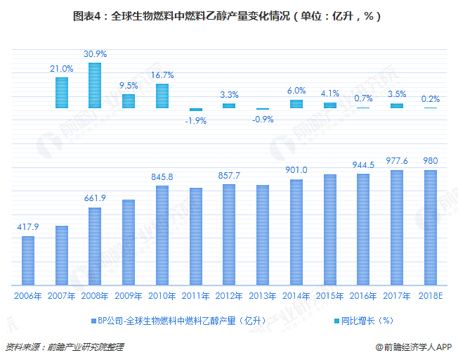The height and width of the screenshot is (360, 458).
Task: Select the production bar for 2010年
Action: pos(162,235)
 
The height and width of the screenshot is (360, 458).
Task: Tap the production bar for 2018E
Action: pos(431,227)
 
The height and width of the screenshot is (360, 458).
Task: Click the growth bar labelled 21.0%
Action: pos(62,92)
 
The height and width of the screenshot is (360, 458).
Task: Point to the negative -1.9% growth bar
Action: pos(195,110)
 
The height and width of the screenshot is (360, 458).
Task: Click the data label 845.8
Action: pos(162,176)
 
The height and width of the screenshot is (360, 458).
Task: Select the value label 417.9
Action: pos(28,226)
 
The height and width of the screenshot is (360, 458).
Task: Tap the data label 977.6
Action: pos(397,160)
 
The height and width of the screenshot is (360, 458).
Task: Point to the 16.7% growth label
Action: pos(162,75)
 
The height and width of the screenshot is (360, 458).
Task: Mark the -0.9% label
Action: pos(262,119)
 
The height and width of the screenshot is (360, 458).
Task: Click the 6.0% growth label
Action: pos(296,91)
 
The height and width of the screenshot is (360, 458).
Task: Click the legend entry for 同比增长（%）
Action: pos(365,321)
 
